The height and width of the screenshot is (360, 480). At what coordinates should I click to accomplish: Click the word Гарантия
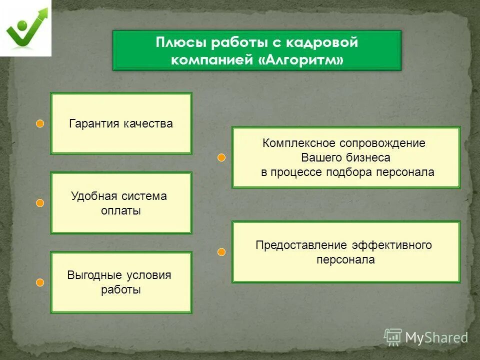[x=93, y=123]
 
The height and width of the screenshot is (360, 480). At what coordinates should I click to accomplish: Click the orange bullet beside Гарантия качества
[x=40, y=123]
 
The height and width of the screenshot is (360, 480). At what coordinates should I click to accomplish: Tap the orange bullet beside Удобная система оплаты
[x=40, y=203]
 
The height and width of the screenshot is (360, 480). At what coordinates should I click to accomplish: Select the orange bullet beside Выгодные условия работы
[x=40, y=282]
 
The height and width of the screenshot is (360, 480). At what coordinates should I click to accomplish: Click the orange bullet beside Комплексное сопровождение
[x=222, y=158]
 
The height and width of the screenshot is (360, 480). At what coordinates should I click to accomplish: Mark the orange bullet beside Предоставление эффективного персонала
[x=222, y=252]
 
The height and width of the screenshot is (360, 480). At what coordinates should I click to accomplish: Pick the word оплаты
[x=120, y=211]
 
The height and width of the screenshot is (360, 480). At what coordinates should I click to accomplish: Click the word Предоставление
[x=294, y=245]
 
